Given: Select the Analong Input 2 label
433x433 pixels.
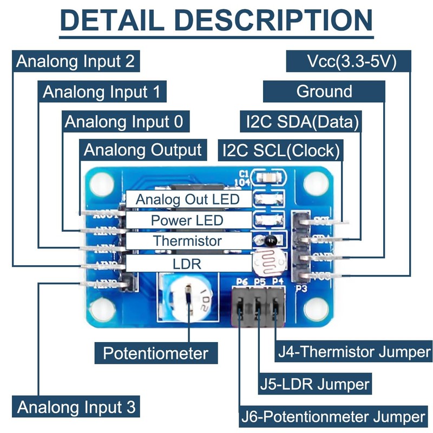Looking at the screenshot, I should [76, 61].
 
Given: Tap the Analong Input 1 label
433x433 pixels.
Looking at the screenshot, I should [102, 91].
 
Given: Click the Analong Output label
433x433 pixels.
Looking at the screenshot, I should [143, 150].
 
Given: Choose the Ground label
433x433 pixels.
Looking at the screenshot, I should [324, 91].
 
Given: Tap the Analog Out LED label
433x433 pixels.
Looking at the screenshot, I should [188, 199].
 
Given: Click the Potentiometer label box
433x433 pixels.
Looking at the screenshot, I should [156, 353].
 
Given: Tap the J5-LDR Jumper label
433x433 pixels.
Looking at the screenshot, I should [314, 384].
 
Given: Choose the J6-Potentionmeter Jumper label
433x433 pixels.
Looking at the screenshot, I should [333, 417].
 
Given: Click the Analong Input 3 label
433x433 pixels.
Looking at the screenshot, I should [76, 406].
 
